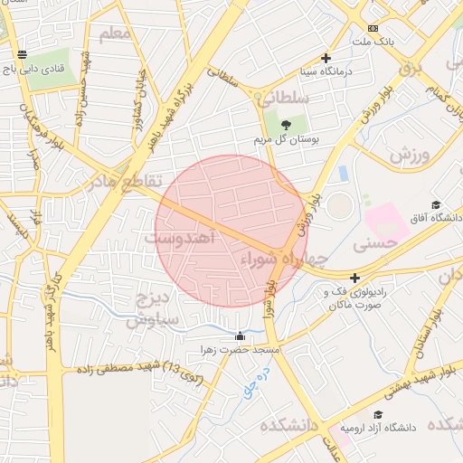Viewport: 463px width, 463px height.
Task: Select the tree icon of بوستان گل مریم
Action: [x=287, y=125]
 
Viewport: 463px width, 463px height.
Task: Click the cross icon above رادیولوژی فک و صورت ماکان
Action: [x=354, y=279]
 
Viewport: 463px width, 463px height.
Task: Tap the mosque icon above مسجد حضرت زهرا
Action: [x=239, y=336]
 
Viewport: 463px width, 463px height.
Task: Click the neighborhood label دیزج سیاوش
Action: [x=150, y=308]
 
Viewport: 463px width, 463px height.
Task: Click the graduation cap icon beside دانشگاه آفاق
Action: [x=437, y=205]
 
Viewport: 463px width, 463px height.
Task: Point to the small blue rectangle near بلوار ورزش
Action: [x=344, y=172]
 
